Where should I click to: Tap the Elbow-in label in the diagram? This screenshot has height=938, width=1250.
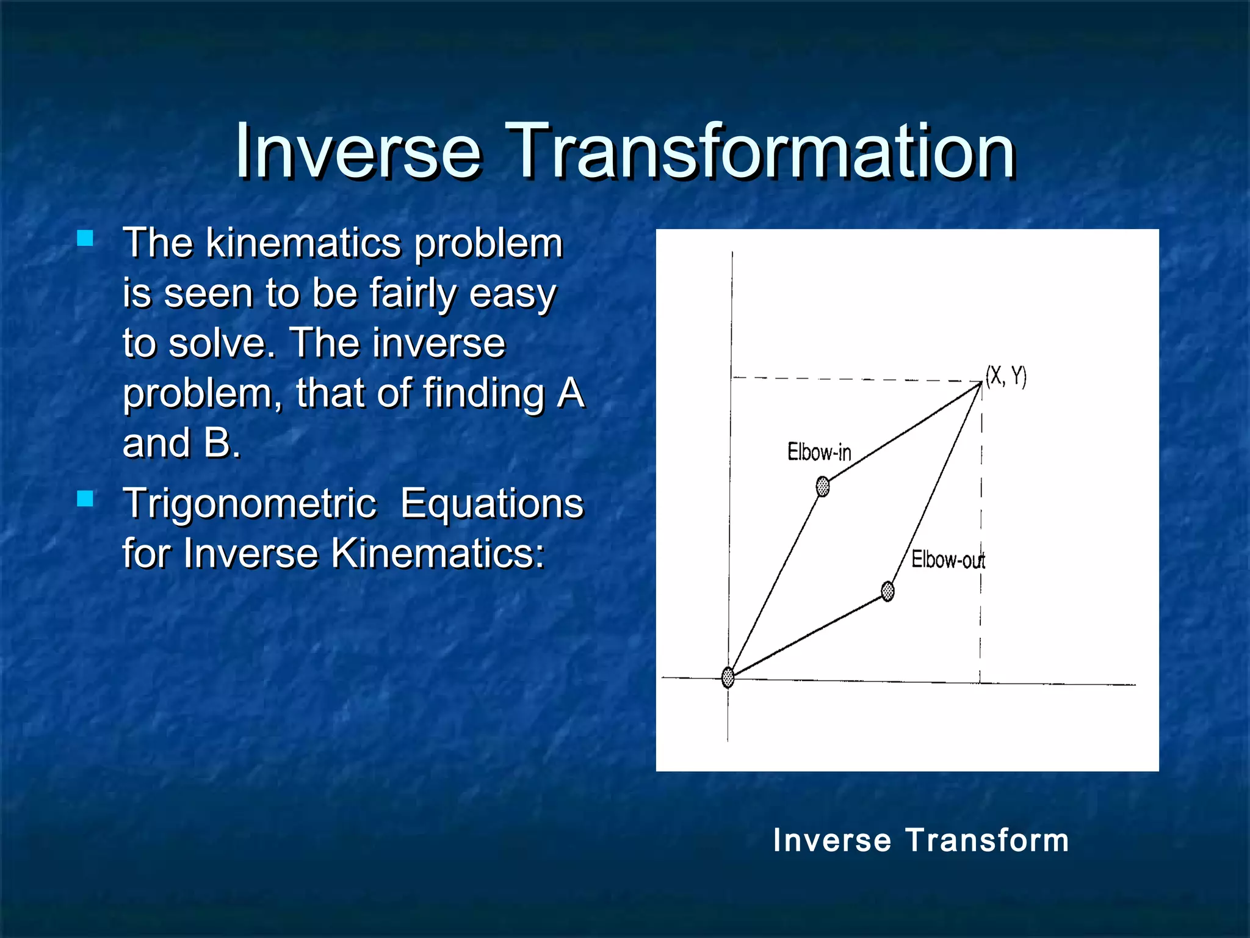(x=819, y=453)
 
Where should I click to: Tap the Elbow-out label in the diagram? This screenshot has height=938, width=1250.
(x=947, y=559)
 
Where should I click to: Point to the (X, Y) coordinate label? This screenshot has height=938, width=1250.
(x=1006, y=376)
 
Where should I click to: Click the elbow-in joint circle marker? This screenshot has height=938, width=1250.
(x=823, y=487)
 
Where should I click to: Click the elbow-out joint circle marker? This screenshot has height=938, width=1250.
(x=888, y=591)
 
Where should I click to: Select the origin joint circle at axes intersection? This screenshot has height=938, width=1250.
(x=728, y=677)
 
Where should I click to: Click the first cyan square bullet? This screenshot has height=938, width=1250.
(x=85, y=238)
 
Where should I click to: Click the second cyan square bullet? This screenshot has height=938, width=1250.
(x=85, y=499)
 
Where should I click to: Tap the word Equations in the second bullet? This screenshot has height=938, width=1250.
(x=492, y=504)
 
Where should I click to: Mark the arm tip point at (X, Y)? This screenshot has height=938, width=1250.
(x=981, y=383)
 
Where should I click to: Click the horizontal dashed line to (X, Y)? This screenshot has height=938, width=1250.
(x=854, y=379)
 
